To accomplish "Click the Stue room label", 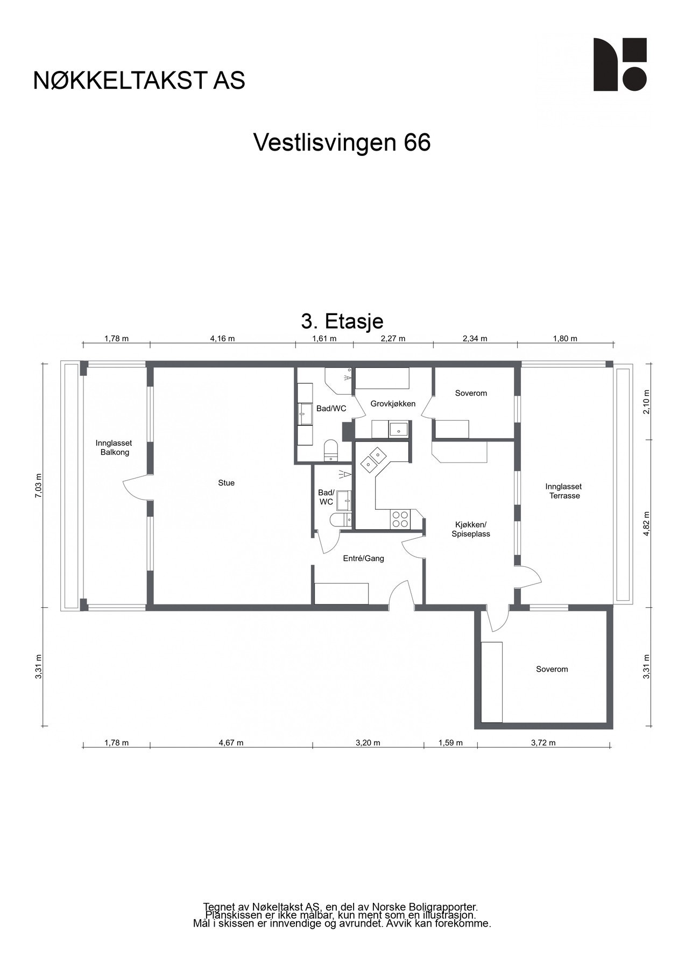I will (226, 483).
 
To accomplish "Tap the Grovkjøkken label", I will (393, 404).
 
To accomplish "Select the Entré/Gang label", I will (363, 558).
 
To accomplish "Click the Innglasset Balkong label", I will (114, 447).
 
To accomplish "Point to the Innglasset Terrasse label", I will (564, 491).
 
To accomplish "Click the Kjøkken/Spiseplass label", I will (470, 529).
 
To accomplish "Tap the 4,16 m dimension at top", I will (222, 338).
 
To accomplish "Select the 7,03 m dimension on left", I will (38, 486).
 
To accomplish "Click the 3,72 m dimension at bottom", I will (543, 743).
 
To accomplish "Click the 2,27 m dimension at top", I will (393, 338).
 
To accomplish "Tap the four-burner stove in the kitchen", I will (400, 518).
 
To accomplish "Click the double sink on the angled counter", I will (373, 459).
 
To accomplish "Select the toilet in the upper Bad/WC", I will (330, 450).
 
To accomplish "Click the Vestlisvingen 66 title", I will (342, 143).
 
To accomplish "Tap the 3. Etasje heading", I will (342, 321).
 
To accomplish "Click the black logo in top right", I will (619, 64).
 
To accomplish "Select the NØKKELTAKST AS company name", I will (139, 80).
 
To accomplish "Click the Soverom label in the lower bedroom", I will (552, 669).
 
